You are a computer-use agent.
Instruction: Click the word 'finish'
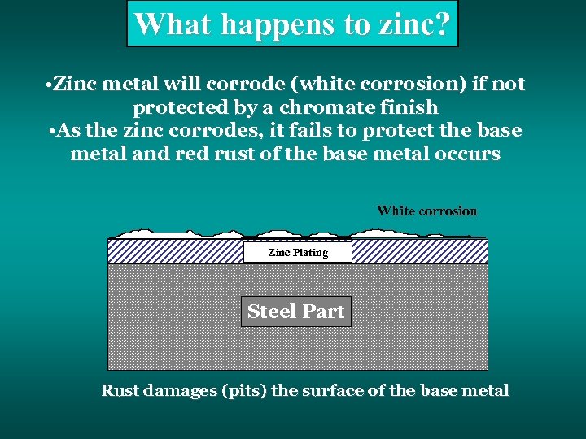(413, 107)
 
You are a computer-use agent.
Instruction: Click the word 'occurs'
(469, 154)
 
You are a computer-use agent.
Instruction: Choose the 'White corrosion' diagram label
(426, 211)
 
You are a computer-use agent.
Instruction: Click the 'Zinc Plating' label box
(298, 253)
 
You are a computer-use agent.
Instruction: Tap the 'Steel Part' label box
(295, 311)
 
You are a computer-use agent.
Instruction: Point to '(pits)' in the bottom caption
(243, 391)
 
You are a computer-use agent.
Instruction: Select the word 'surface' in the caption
(334, 391)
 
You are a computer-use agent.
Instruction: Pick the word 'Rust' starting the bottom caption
(120, 391)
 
